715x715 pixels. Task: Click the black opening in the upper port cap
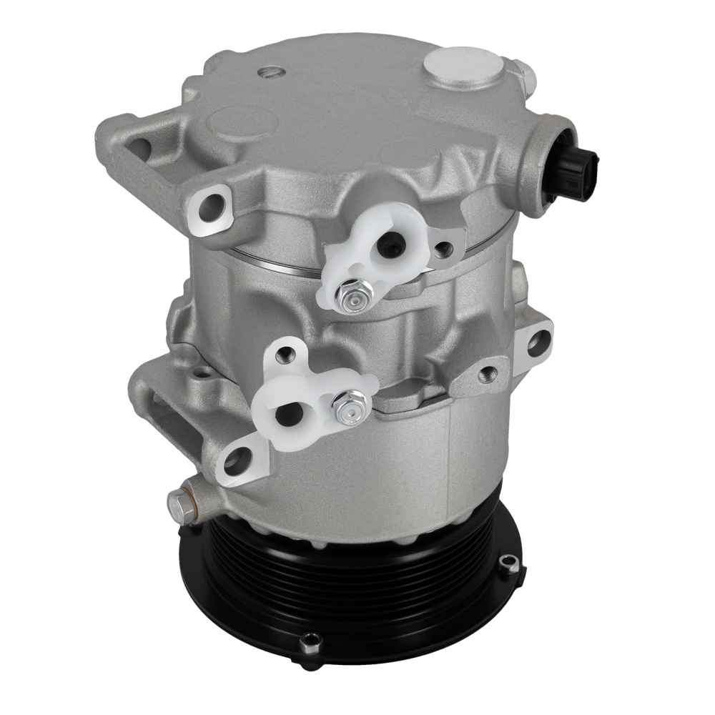[x=390, y=247]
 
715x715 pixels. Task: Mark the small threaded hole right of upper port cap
[x=444, y=248]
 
